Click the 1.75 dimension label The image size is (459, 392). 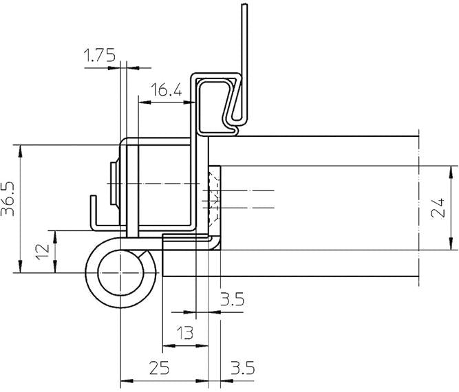[100, 56]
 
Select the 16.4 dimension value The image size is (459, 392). [165, 89]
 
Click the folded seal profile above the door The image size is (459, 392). [220, 103]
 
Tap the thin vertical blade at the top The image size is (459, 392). [242, 41]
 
